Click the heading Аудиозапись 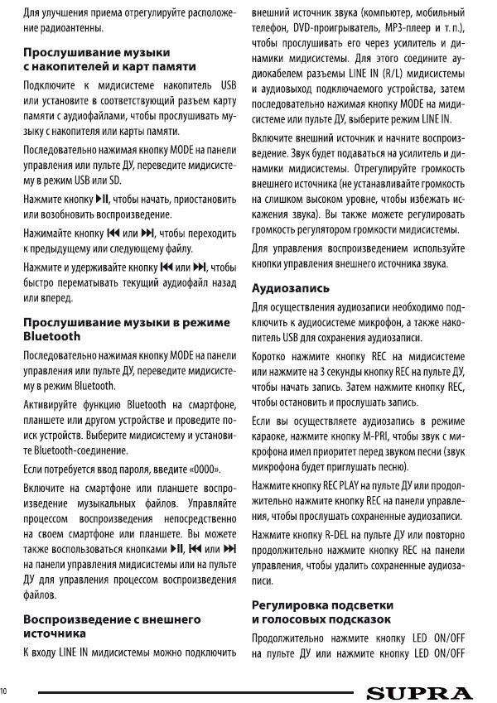point(290,288)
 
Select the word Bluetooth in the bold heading point(52,336)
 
